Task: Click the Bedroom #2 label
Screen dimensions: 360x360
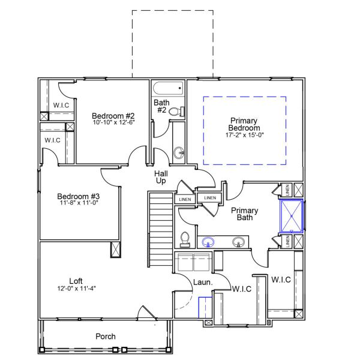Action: point(113,115)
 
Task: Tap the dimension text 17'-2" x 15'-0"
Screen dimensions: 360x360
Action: point(245,135)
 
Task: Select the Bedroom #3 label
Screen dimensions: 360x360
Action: point(79,196)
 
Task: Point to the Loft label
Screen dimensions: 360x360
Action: point(76,280)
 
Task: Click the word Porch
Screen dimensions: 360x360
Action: point(106,337)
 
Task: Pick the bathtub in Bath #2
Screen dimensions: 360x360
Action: point(167,90)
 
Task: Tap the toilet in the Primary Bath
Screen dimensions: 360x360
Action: point(185,239)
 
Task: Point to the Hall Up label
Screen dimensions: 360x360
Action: point(161,177)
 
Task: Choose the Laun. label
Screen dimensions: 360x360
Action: point(202,282)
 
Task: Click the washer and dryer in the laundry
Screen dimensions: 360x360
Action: point(193,262)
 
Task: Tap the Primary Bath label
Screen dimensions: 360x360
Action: point(245,214)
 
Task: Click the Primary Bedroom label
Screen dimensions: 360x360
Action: point(245,124)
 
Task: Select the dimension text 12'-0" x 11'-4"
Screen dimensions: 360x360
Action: point(76,288)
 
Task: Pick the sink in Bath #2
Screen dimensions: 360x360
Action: point(179,152)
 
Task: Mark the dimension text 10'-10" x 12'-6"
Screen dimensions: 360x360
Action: point(113,123)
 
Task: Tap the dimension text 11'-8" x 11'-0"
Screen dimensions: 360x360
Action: point(79,203)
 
